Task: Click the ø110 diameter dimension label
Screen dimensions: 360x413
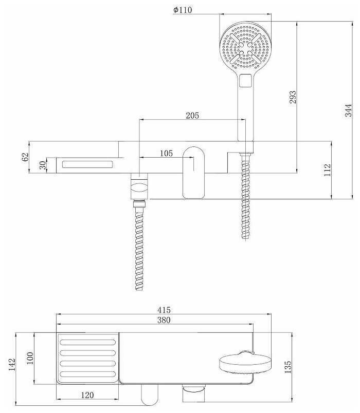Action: [x=183, y=10]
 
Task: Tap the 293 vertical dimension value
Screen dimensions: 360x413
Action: [x=293, y=97]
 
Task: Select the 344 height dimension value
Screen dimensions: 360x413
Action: [x=348, y=110]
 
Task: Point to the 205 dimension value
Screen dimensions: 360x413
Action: [x=192, y=116]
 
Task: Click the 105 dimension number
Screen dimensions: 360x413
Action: [x=166, y=153]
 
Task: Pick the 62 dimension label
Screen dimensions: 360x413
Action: [x=25, y=157]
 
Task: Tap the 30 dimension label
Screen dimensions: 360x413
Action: [x=43, y=165]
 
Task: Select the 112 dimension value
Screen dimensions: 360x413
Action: [x=327, y=170]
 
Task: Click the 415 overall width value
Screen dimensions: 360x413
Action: [x=164, y=310]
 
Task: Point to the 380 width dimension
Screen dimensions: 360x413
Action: [x=164, y=320]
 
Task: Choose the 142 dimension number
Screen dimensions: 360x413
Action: [x=12, y=365]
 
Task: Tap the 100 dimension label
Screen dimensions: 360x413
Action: [x=30, y=358]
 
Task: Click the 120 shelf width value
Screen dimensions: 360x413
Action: [x=87, y=395]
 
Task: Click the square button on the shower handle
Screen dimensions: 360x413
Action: [x=245, y=80]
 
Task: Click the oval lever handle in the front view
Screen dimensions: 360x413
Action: [x=194, y=172]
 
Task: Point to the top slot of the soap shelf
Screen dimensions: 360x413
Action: [x=88, y=343]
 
